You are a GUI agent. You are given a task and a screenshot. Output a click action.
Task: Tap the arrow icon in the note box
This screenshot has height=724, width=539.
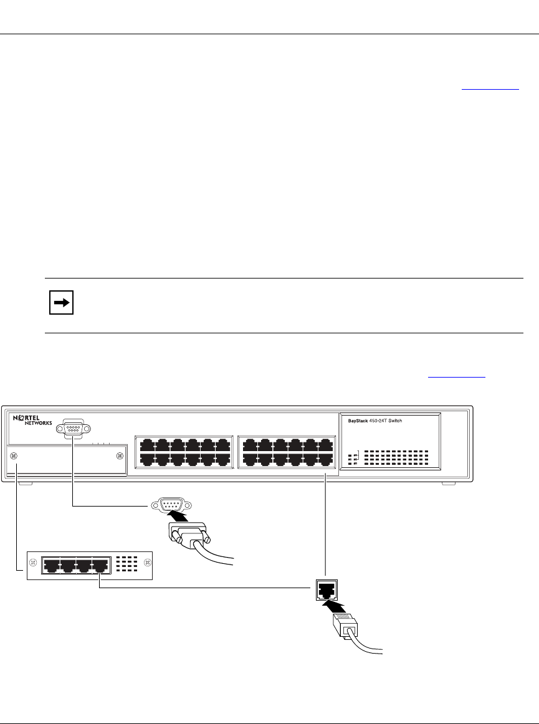tap(61, 304)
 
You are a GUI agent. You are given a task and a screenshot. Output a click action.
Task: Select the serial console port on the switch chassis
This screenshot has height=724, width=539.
tap(73, 429)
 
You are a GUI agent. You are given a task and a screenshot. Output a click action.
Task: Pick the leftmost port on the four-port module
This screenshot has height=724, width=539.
tap(51, 566)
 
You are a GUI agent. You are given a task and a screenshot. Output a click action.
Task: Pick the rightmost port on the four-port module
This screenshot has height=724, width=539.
tap(100, 566)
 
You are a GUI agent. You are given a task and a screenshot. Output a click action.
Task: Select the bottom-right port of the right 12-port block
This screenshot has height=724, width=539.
tap(325, 459)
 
